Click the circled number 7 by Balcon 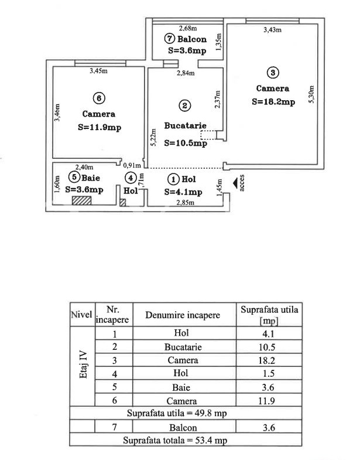[169, 39]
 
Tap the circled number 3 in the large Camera [273, 73]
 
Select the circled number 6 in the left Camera [99, 98]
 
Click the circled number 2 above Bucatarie [185, 105]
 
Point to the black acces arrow [235, 183]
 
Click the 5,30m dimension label [311, 94]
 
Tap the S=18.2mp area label [273, 102]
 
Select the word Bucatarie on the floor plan [186, 125]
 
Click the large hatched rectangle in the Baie [82, 200]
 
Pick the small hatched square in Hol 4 [123, 202]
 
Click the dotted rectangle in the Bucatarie [208, 135]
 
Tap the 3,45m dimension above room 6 [98, 71]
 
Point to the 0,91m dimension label [132, 165]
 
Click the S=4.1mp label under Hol [183, 192]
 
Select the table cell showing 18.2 [266, 360]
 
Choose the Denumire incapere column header [183, 315]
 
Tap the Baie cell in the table [181, 387]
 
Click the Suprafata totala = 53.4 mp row [175, 440]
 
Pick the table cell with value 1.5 [268, 373]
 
